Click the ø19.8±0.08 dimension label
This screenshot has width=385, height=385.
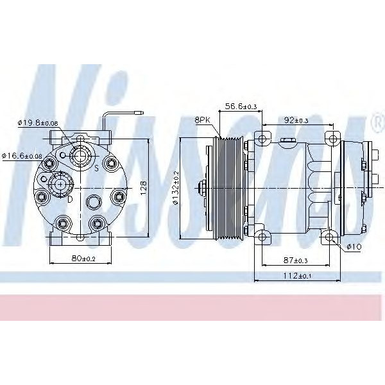coord(38,123)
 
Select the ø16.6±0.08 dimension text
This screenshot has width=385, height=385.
coord(23,155)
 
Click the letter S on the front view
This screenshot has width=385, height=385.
coord(96,169)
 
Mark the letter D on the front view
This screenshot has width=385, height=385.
coord(70,200)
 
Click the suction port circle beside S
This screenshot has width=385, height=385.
coord(80,155)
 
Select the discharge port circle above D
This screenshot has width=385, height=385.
coord(60,184)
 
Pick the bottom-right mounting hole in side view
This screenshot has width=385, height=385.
coord(330,238)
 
